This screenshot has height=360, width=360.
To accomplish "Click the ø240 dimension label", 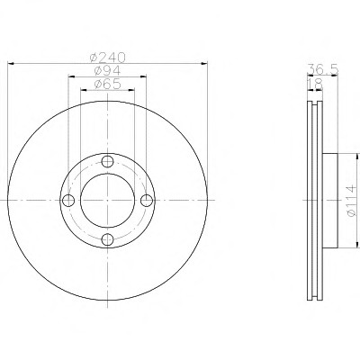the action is click(x=107, y=57).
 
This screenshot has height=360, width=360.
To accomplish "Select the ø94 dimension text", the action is click(x=107, y=71).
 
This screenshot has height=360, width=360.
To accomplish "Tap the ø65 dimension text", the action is click(x=107, y=84).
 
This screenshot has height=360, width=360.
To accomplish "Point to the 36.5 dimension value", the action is click(x=323, y=70).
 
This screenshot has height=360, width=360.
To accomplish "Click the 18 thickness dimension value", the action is click(x=315, y=84).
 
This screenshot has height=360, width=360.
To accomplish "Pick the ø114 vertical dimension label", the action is click(x=350, y=201).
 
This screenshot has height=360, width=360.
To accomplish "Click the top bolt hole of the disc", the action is click(x=107, y=161).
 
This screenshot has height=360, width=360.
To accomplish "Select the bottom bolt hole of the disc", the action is click(x=107, y=239).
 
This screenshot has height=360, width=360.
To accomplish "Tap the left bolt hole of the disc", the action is click(x=68, y=201).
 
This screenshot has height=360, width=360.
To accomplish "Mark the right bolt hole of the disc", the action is click(x=147, y=201).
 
